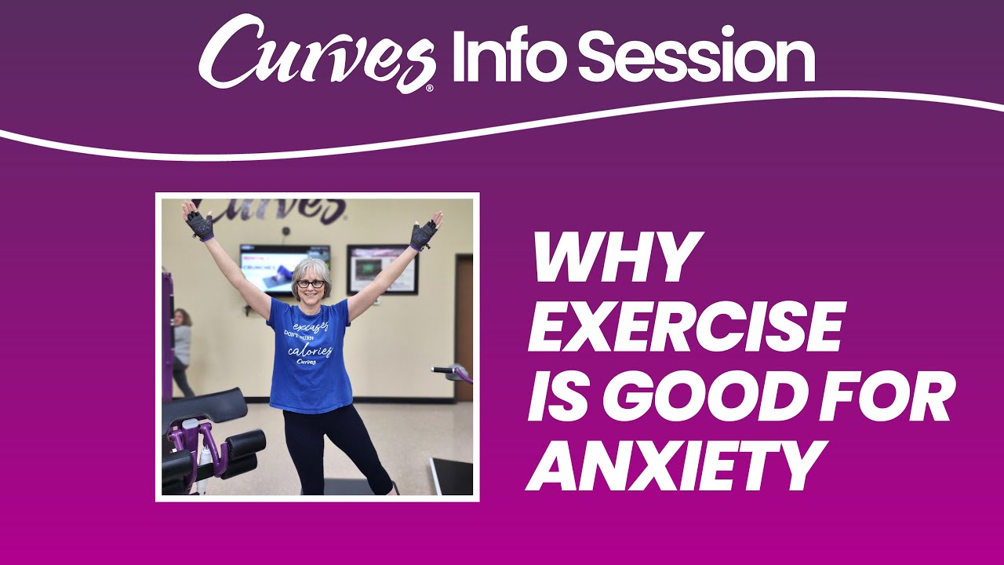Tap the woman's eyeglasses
point(311,283)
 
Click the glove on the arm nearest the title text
point(424,233)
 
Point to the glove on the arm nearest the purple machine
point(199,226)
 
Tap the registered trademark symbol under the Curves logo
point(429,89)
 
